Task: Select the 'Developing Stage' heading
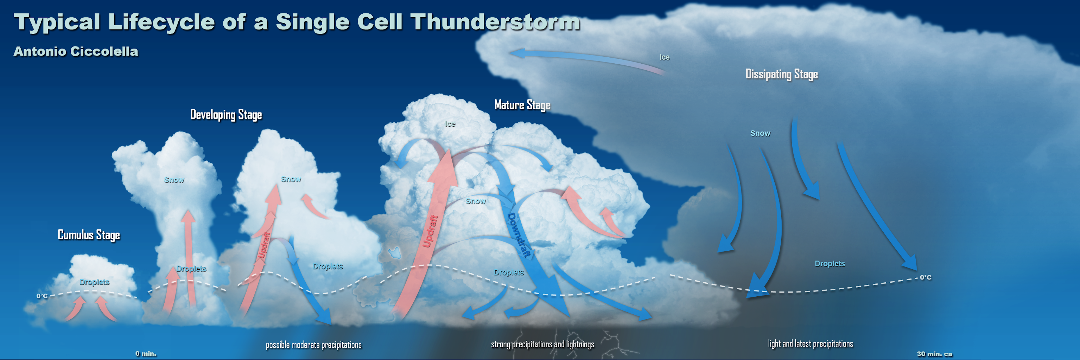[226, 114]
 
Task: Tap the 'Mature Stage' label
[522, 105]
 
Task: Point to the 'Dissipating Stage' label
[781, 74]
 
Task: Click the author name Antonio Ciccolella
[76, 51]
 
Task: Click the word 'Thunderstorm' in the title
[495, 22]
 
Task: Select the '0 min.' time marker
[146, 354]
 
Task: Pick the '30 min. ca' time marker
[934, 354]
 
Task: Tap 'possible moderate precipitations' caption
[313, 345]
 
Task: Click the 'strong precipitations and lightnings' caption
[542, 345]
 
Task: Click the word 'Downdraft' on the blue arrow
[519, 235]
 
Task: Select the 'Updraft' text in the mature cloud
[430, 231]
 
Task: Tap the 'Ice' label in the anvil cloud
[664, 57]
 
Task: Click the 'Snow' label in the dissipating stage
[760, 133]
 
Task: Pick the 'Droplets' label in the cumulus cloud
[94, 282]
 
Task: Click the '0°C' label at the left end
[42, 296]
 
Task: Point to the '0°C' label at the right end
[925, 277]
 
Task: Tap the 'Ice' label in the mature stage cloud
[450, 124]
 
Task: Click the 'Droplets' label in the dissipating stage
[829, 264]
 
